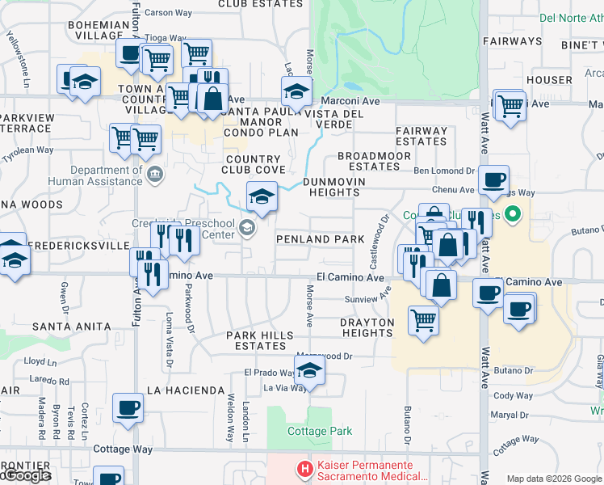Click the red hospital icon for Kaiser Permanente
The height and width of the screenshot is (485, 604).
[304, 468]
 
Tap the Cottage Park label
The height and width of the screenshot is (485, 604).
[320, 431]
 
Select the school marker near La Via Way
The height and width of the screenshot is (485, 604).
[308, 371]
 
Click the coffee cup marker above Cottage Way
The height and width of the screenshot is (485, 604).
[127, 408]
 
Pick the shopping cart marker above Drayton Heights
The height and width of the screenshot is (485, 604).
[423, 319]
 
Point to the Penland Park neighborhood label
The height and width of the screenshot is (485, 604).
[321, 239]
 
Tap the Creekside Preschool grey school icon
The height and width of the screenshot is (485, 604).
[246, 230]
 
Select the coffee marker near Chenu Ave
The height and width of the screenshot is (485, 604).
[493, 180]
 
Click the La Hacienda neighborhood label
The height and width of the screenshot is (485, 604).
[185, 390]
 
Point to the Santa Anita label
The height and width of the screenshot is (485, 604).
[71, 327]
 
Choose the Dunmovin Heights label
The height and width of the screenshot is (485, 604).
[333, 187]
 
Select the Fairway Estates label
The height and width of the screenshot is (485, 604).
[422, 136]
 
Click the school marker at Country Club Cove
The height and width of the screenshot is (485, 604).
[262, 196]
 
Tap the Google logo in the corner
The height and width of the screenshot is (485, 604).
[26, 475]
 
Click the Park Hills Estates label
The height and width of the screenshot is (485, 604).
[256, 340]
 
